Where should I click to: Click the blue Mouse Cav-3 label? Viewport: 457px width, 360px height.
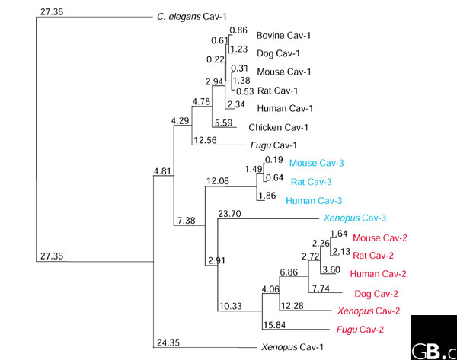click(x=316, y=163)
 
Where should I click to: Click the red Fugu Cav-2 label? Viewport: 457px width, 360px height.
click(x=362, y=329)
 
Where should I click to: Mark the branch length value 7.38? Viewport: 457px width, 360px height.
click(x=187, y=221)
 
